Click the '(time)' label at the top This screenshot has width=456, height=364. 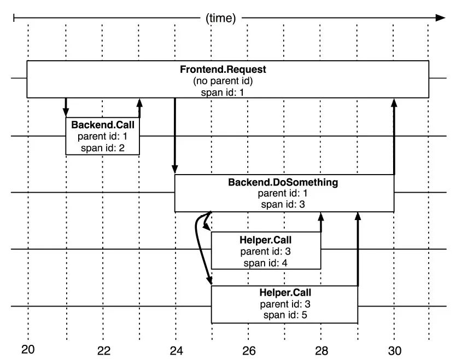[220, 18]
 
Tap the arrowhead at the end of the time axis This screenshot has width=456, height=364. [440, 18]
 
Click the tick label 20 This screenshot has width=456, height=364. [28, 349]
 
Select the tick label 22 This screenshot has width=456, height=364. [104, 351]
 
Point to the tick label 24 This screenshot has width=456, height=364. [176, 351]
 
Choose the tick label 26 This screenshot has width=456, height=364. [249, 351]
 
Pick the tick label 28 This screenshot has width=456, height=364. [321, 351]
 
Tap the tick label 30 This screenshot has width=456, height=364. [395, 351]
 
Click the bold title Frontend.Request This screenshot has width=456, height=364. [223, 70]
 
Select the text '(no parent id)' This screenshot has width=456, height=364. [223, 80]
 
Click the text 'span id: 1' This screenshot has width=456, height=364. [223, 93]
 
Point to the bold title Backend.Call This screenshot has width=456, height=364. [103, 125]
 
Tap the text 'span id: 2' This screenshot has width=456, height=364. [103, 148]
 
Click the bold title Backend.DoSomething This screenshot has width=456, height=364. [283, 182]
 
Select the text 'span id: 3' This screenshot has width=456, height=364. [283, 204]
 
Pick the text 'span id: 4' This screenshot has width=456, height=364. [266, 263]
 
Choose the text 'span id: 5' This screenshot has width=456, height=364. [285, 315]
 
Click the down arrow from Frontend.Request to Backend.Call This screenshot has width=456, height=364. [66, 107]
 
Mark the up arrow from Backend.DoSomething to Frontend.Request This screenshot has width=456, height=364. [394, 137]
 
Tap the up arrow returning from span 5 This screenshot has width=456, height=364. [358, 249]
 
